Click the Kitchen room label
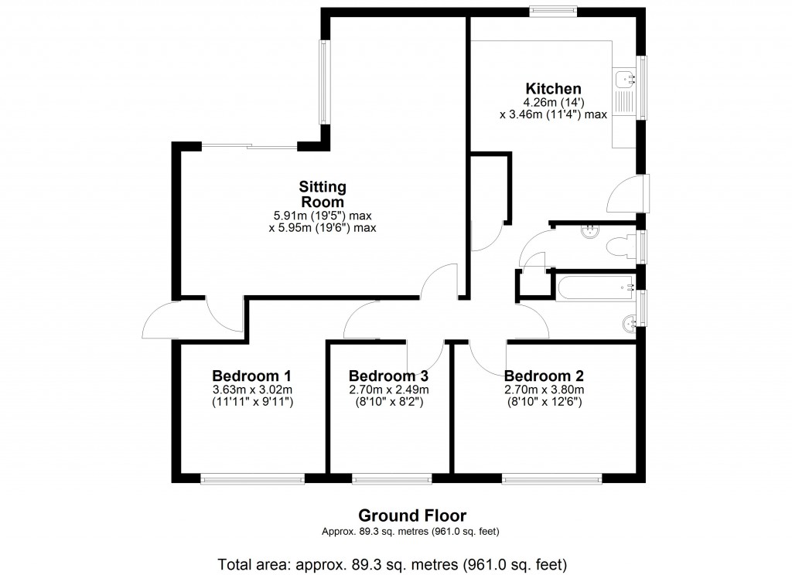coord(553,88)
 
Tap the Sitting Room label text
coord(323,193)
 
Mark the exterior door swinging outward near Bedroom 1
coord(161,320)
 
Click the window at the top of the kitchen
coord(553,11)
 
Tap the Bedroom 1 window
coord(252,479)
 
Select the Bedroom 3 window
coord(392,479)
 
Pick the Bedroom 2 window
coord(551,479)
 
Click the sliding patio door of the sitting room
coord(249,146)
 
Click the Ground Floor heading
coord(411,515)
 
